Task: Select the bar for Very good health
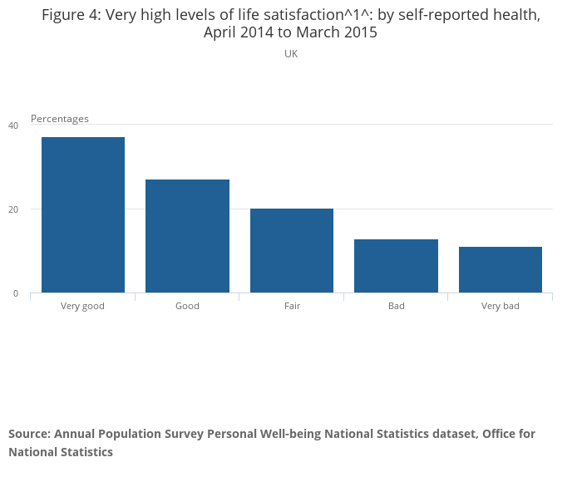(x=83, y=214)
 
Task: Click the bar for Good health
(x=187, y=236)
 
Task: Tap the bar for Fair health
(x=292, y=251)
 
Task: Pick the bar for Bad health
(x=396, y=266)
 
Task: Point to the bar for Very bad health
(x=501, y=269)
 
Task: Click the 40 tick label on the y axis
(x=13, y=125)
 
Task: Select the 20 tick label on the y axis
(x=13, y=209)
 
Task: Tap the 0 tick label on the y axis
(x=16, y=293)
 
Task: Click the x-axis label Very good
(x=82, y=306)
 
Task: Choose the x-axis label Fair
(x=292, y=306)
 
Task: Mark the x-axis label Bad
(x=397, y=306)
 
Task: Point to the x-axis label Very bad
(x=501, y=306)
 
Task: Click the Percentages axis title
(x=60, y=119)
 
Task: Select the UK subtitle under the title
(x=291, y=54)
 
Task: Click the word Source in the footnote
(x=30, y=434)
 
